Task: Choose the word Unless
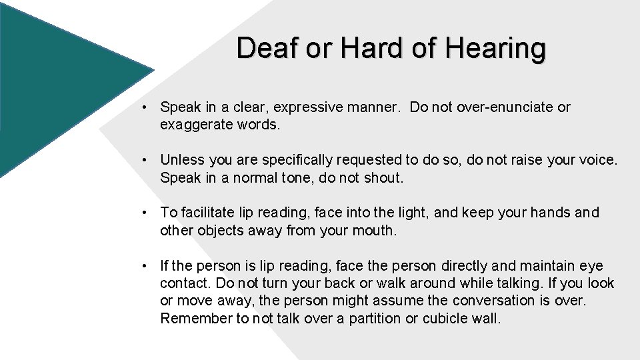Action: click(183, 161)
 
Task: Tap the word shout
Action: click(385, 178)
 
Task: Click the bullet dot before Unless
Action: click(144, 161)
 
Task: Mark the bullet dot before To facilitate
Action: click(144, 213)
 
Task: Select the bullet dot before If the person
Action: click(144, 266)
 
